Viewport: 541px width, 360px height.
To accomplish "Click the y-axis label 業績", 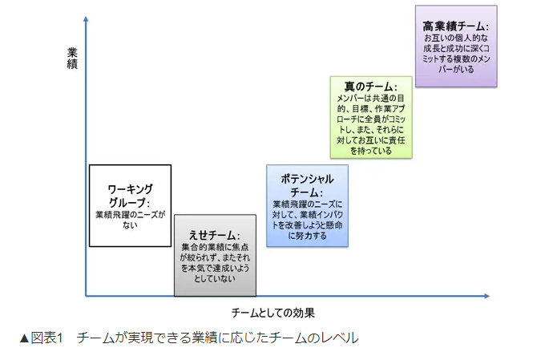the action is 72,59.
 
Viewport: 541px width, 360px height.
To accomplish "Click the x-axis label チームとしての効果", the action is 273,313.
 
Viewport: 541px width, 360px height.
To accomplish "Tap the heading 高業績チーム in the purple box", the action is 454,26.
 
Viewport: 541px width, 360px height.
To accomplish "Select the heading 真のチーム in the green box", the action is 369,87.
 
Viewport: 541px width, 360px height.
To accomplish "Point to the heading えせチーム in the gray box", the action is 212,235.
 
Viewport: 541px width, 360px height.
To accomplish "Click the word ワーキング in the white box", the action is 130,189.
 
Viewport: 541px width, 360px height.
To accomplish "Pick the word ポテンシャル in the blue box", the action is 307,179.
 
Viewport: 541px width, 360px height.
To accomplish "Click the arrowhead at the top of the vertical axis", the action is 86,19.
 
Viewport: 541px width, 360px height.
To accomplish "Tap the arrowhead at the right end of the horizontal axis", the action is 486,296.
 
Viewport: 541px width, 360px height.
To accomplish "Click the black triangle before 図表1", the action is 24,338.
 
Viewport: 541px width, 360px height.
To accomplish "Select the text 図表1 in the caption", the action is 46,338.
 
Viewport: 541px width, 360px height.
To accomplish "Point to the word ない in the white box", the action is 130,225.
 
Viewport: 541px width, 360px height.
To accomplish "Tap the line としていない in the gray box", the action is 215,278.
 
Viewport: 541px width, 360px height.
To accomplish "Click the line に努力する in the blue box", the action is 307,236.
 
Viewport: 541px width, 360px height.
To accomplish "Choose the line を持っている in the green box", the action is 371,151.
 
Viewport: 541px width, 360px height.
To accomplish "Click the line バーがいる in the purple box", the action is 456,70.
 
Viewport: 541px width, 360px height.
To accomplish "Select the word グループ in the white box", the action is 127,202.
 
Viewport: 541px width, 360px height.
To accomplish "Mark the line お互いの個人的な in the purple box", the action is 456,38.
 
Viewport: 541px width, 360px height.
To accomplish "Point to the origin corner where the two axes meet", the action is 86,296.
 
